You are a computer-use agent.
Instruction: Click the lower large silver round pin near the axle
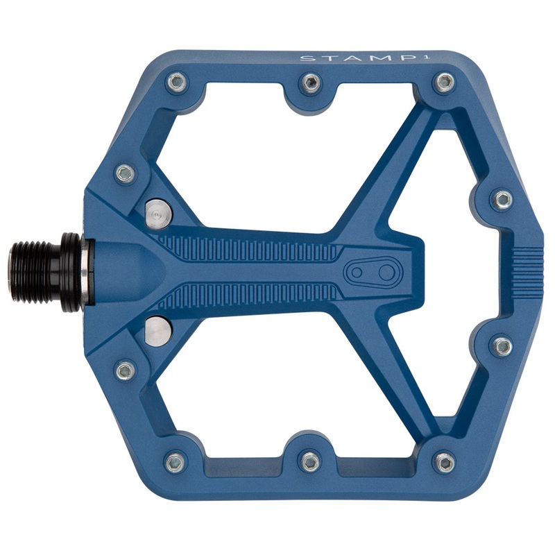[157, 330]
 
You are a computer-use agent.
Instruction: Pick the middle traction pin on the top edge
[309, 84]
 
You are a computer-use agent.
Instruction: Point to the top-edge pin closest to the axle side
[176, 84]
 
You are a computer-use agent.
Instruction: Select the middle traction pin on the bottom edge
[309, 460]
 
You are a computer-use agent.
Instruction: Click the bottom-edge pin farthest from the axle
[443, 461]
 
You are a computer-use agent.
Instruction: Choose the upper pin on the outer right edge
[502, 200]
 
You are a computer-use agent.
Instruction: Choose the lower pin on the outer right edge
[502, 345]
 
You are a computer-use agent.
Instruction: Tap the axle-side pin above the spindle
[125, 173]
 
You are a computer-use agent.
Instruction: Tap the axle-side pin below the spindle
[125, 370]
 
